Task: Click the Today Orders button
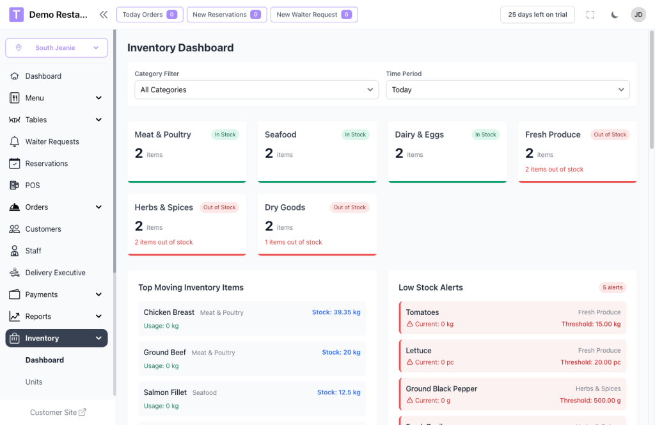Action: point(150,15)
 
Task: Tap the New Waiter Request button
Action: point(314,15)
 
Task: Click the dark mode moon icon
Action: point(615,15)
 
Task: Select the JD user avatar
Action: point(638,15)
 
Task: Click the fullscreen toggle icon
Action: point(590,15)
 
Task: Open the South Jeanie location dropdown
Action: point(56,48)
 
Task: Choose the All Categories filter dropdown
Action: point(256,90)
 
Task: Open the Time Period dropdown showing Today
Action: point(508,90)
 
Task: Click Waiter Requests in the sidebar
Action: point(52,141)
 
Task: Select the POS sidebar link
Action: point(33,185)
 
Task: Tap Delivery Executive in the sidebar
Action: point(55,273)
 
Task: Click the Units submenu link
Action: point(34,382)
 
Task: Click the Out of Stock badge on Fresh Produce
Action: point(610,135)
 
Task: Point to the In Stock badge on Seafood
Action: point(355,135)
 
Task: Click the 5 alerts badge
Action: point(612,287)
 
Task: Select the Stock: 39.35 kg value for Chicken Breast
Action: point(336,312)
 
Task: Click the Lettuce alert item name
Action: point(418,351)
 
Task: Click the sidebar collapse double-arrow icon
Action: point(104,15)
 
